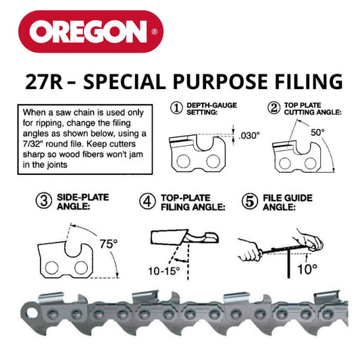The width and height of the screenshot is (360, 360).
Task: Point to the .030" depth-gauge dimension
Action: (x=249, y=136)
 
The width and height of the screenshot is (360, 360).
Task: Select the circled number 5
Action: (x=248, y=201)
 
